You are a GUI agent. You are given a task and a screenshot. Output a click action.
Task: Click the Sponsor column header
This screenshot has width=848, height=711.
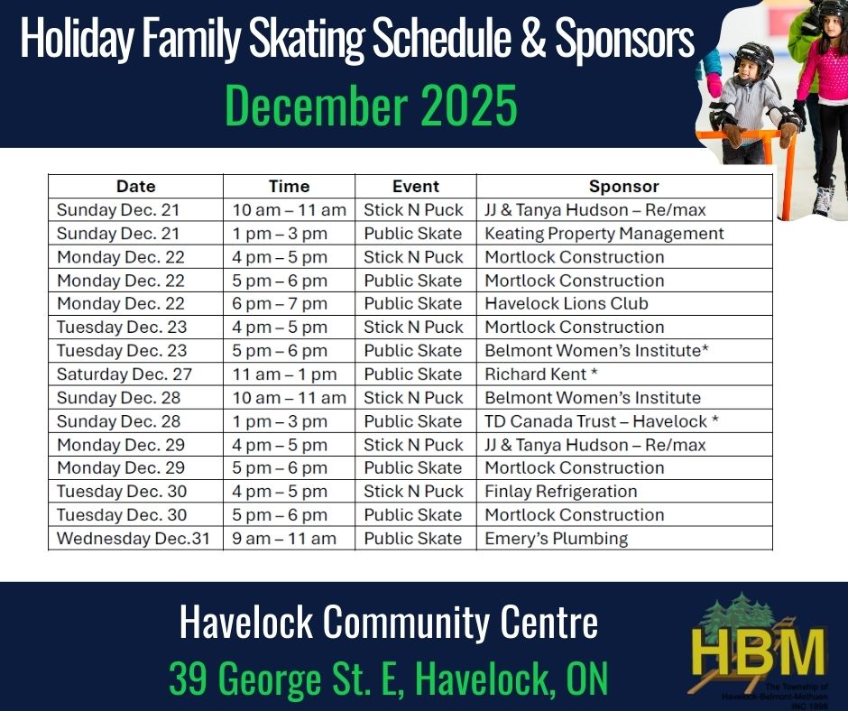pos(623,186)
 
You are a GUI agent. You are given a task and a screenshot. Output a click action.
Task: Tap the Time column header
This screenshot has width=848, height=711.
pos(289,186)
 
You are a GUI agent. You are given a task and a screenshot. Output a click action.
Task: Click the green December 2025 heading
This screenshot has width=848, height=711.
pos(371,105)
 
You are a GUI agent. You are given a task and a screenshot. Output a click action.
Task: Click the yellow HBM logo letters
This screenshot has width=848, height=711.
pos(759,651)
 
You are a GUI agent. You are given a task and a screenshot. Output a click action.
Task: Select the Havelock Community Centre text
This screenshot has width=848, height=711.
pos(388,623)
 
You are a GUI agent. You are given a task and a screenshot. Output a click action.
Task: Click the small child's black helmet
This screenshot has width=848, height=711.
pos(755,59)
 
